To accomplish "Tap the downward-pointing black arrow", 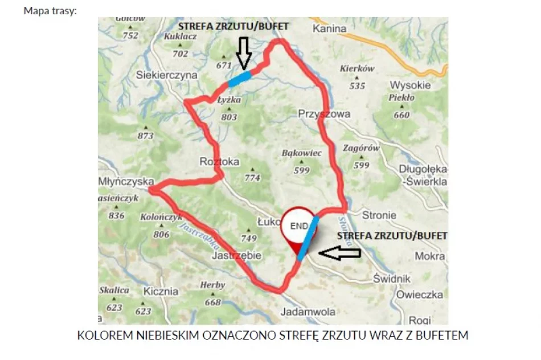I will [x=244, y=52].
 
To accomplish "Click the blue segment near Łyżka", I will [x=239, y=79].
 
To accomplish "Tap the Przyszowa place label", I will [x=324, y=114].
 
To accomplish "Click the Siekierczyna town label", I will [x=167, y=75].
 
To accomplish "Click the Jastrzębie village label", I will [x=236, y=256].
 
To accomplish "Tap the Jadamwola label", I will [x=308, y=312].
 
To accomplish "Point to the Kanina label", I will [x=330, y=28].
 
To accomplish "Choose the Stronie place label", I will [x=379, y=215].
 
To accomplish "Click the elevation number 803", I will [x=228, y=117].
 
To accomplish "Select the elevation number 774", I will [x=252, y=178].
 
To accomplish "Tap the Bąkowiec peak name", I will [x=302, y=153].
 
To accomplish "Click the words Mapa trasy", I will [x=50, y=11].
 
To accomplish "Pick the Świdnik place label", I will [x=392, y=279].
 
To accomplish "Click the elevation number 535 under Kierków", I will [x=357, y=86].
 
